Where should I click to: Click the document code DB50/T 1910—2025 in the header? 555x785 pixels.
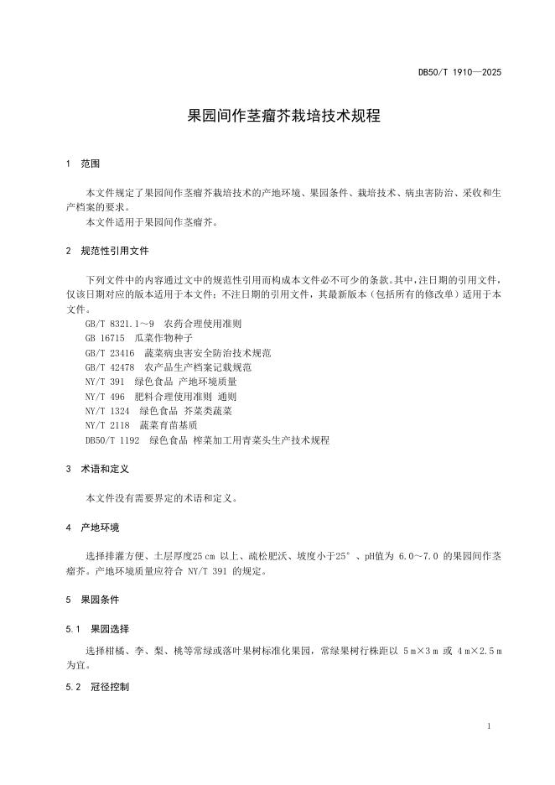coord(459,73)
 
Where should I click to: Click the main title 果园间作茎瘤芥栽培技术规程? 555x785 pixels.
coord(283,116)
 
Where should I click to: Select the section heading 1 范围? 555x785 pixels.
coord(83,164)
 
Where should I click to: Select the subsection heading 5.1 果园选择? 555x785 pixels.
coord(97,629)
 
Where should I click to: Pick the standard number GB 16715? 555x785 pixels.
coord(105,338)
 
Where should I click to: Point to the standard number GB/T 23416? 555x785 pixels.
coord(110,352)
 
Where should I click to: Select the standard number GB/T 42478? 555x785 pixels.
coord(110,367)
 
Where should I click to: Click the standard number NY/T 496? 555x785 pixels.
coord(105,396)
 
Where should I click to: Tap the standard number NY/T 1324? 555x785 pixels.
coord(107,411)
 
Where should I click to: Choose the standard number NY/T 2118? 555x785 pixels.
coord(107,425)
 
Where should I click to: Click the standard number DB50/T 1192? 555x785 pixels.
coord(112,440)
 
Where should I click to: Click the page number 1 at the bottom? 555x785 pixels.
coord(488,725)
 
